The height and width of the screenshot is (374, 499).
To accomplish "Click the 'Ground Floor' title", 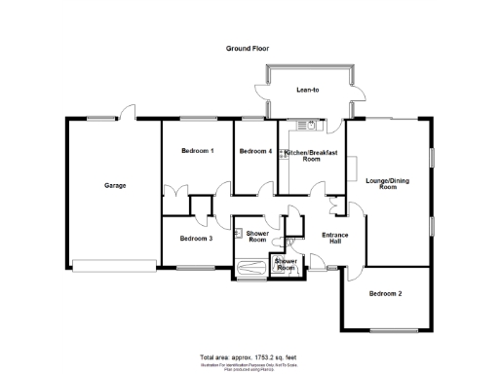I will (x=248, y=48).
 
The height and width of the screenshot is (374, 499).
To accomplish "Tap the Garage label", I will (x=115, y=185).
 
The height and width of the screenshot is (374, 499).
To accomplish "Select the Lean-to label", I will (x=307, y=91).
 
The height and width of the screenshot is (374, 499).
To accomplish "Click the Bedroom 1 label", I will (x=198, y=151).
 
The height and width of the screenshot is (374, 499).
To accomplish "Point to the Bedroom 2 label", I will (x=384, y=293).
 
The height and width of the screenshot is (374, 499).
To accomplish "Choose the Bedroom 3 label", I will (x=196, y=238).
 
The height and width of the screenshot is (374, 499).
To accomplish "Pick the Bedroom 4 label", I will (x=255, y=151).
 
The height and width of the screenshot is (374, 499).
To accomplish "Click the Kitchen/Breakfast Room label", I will (x=311, y=156).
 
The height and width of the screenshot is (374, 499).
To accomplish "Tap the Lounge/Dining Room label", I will (x=388, y=183).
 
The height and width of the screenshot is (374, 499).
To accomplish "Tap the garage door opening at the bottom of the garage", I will (x=112, y=264).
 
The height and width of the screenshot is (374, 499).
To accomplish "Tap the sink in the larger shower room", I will (x=239, y=233).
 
